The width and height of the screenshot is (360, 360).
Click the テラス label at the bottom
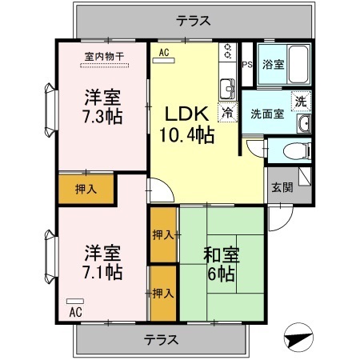(x=161, y=339)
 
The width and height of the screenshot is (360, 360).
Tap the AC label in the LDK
(x=165, y=53)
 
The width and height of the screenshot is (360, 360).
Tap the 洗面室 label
(x=266, y=114)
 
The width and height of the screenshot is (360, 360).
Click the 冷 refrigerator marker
(x=228, y=113)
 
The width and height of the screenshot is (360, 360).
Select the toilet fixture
(x=283, y=150)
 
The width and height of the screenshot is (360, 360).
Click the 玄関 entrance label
(x=282, y=189)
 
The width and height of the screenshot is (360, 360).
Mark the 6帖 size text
(x=221, y=275)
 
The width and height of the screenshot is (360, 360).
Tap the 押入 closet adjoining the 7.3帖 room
(x=86, y=190)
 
